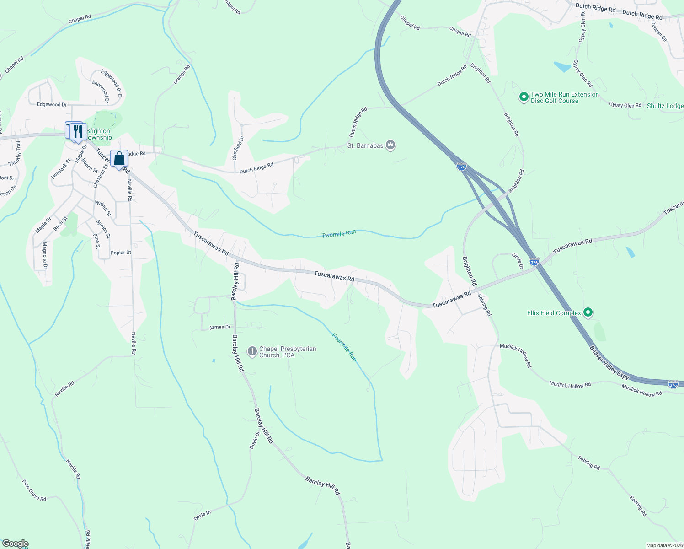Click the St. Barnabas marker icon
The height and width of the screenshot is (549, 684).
point(390,145)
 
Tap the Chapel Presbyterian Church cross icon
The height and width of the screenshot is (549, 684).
point(252,351)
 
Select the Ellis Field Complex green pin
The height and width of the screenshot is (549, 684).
point(588,313)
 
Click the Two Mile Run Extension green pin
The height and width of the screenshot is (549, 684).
point(524,97)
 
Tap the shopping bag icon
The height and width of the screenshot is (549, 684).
point(119,159)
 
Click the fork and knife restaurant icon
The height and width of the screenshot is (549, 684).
point(78,131)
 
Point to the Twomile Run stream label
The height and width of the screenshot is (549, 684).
point(338,234)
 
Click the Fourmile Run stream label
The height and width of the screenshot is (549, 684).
point(344,347)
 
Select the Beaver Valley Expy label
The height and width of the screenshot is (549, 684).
point(609,363)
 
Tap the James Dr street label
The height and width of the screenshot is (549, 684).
point(220,327)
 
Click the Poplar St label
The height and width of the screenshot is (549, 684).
point(121,253)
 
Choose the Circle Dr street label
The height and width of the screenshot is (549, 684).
point(517,261)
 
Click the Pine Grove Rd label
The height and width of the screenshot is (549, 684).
point(34,490)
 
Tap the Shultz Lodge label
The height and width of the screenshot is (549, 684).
point(665,106)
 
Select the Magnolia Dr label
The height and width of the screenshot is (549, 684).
point(45,255)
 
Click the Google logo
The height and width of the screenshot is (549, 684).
point(15,544)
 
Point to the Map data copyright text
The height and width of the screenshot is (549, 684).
point(664,545)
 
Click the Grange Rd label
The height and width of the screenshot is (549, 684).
point(182,74)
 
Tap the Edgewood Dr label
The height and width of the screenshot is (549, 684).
point(52,105)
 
